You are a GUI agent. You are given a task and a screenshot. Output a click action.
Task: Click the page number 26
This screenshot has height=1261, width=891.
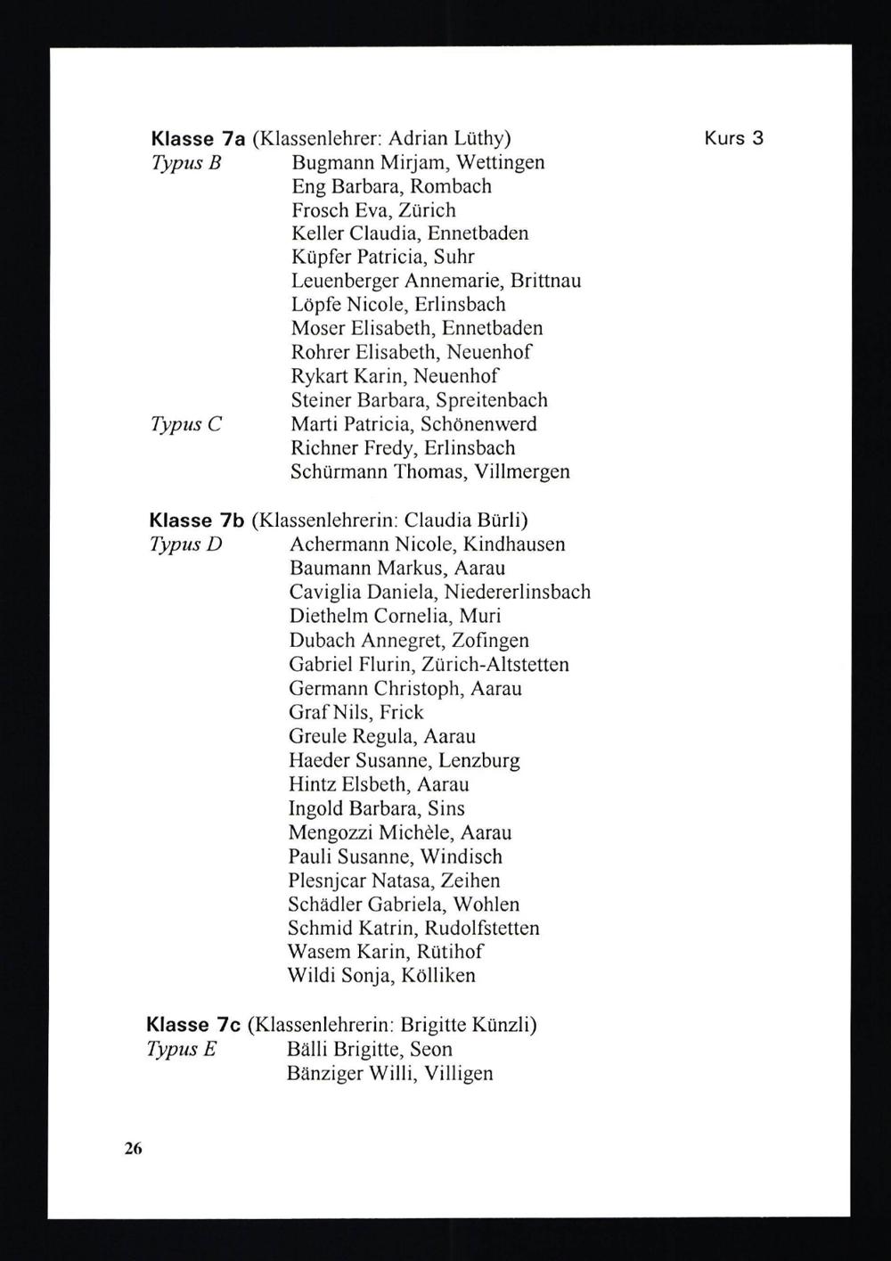[x=134, y=1149]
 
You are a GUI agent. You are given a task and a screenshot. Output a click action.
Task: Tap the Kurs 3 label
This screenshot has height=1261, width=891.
[x=734, y=138]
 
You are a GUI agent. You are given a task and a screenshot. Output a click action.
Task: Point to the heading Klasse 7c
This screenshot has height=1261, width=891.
[x=193, y=1026]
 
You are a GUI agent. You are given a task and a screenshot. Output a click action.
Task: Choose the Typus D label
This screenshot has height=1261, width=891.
[x=185, y=545]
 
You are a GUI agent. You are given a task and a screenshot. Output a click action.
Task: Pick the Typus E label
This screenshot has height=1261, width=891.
[x=182, y=1050]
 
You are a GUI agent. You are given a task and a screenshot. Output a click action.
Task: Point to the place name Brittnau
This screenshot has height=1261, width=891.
[x=545, y=281]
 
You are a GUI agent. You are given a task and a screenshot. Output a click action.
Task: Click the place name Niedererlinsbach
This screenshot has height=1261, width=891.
[x=518, y=593]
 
